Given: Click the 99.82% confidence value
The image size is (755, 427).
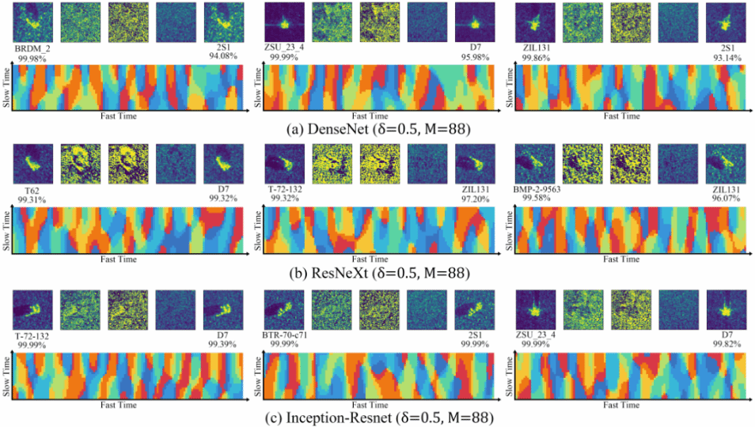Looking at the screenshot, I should pyautogui.click(x=727, y=345).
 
